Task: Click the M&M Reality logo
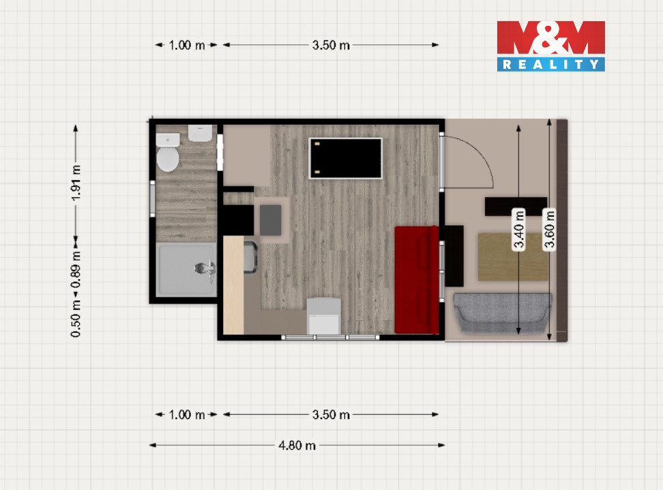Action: [551, 46]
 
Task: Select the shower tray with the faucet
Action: [186, 269]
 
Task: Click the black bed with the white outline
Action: [345, 158]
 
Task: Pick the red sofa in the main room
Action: [417, 280]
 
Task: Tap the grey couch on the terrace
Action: [503, 313]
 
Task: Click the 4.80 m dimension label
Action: [297, 445]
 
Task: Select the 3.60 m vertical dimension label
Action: [549, 230]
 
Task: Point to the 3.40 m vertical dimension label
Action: [519, 230]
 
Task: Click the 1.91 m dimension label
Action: [76, 183]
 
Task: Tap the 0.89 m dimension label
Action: [76, 270]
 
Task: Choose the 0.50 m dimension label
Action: [76, 319]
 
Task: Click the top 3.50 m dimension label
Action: [331, 45]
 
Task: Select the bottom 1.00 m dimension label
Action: [187, 415]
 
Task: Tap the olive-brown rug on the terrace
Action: [513, 257]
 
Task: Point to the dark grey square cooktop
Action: [270, 220]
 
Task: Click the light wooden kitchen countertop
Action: [233, 285]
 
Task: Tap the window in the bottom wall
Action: [330, 337]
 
